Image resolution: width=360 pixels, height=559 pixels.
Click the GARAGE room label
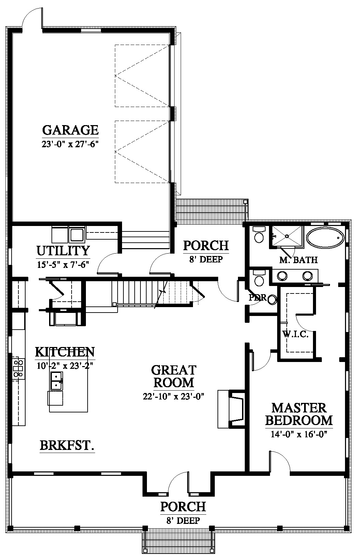coord(71,130)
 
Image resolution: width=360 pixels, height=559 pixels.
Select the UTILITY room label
coord(63,251)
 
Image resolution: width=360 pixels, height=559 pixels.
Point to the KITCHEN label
coord(65,352)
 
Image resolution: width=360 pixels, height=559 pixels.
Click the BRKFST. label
coord(67,445)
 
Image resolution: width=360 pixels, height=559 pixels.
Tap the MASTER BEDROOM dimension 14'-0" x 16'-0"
coord(299,434)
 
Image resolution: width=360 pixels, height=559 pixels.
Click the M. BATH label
coord(299,260)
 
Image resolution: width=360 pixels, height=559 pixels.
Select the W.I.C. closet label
coord(296,334)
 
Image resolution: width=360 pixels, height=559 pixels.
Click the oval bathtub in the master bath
coord(325,238)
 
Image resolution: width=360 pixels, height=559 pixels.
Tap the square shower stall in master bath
coord(287,236)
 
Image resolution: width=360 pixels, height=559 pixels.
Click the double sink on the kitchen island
coord(57,381)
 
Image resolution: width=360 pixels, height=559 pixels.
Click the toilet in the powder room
coord(272,300)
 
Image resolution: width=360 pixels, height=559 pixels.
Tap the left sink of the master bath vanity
coord(283,276)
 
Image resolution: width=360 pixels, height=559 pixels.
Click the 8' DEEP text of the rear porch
coord(206,259)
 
